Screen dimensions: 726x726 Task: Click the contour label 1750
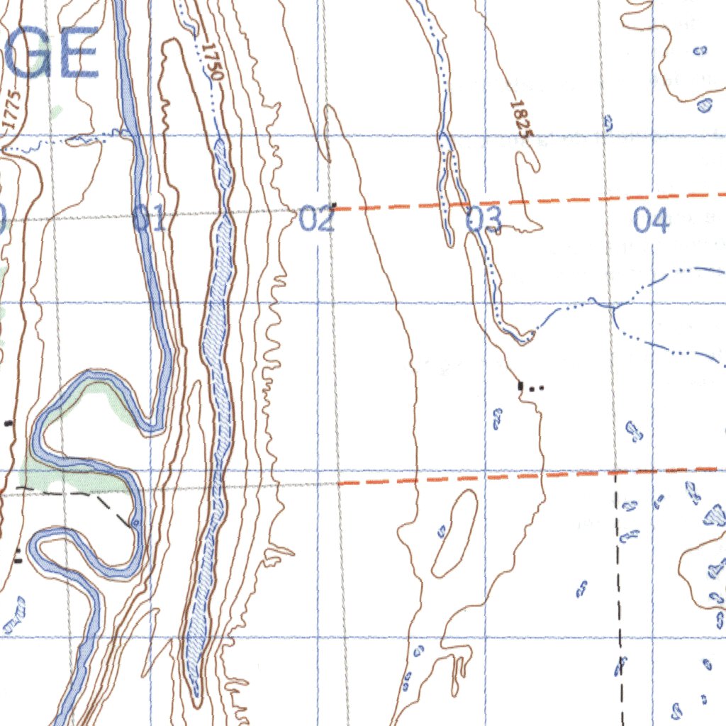(212, 61)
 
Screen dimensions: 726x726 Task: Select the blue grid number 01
(150, 219)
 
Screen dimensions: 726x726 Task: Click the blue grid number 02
(316, 219)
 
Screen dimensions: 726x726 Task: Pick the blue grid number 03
(484, 220)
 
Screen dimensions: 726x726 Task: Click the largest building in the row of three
(521, 386)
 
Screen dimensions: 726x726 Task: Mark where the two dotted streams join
(613, 307)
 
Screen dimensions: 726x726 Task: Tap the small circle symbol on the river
(135, 523)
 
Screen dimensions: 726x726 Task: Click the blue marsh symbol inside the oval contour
(442, 530)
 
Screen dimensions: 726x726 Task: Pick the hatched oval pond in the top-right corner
(704, 105)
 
